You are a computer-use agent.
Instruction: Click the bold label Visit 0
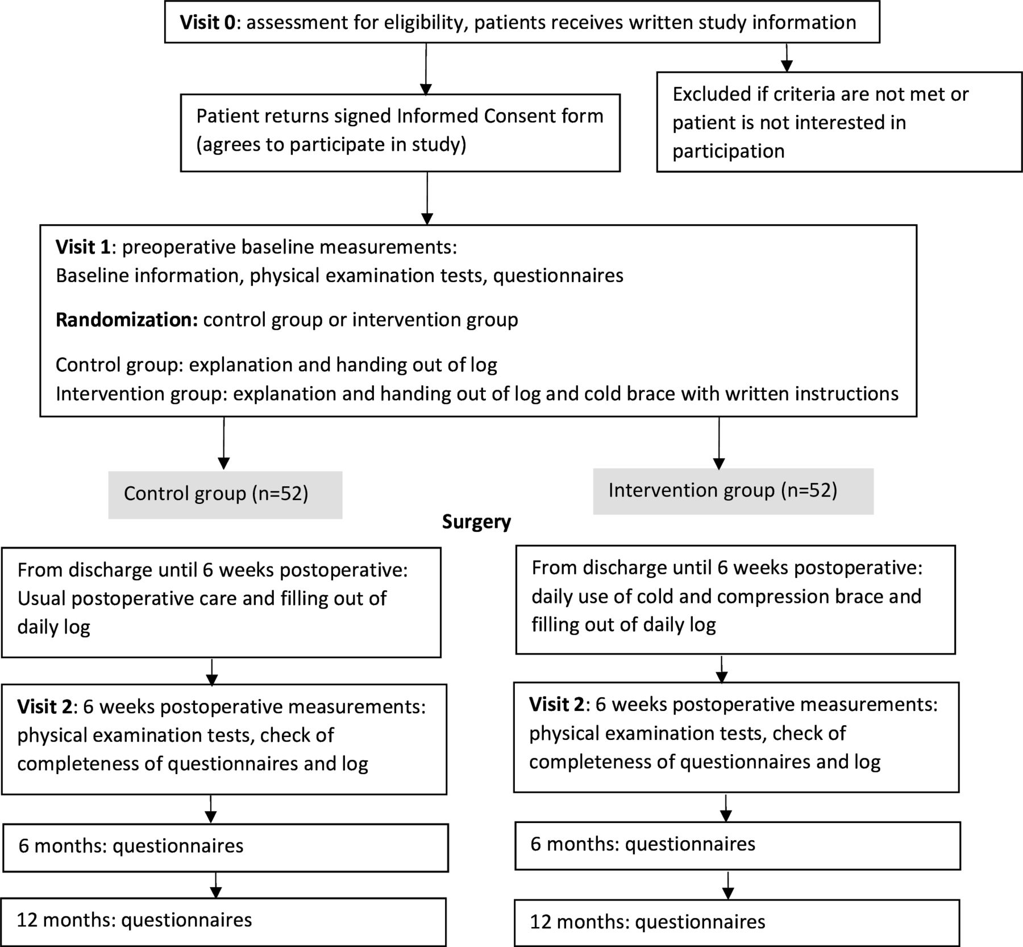coord(207,23)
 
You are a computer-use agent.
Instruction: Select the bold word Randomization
coord(126,320)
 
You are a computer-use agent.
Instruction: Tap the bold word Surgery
coord(476,522)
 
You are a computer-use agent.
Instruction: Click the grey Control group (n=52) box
coord(225,494)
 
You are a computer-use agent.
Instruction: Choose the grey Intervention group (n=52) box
coord(733,491)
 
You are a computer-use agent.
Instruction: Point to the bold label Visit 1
coord(83,247)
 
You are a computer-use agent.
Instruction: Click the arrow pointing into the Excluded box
coord(787,57)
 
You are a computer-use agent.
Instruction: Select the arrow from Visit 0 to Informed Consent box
coord(426,69)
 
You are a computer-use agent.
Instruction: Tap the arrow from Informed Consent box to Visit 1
coord(427,199)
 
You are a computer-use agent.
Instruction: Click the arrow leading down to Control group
coord(224,444)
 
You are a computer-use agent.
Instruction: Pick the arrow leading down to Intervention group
coord(719,444)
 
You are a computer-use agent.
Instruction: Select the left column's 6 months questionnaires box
coord(226,847)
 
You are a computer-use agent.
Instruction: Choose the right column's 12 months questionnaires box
coord(737,923)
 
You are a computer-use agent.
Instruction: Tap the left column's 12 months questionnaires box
coord(223,922)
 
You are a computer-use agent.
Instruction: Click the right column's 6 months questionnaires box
coord(738,846)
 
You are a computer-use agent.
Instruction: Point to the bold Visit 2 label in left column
coord(45,707)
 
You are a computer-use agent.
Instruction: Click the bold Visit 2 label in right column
coord(557,705)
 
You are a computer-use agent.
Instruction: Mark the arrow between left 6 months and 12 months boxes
coord(216,885)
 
